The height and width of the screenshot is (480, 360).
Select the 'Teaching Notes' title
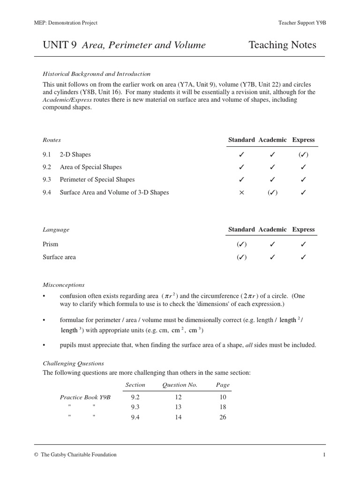(282, 45)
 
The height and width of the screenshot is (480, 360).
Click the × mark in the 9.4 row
(242, 193)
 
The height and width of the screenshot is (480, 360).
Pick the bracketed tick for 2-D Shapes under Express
(303, 155)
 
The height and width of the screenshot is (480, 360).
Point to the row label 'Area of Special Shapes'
(90, 167)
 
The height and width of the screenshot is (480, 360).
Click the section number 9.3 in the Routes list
(47, 180)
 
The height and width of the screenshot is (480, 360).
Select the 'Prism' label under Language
(51, 244)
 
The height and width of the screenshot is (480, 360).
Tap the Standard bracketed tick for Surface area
(242, 257)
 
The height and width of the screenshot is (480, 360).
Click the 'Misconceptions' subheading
(64, 285)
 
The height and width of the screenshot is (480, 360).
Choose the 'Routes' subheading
(52, 140)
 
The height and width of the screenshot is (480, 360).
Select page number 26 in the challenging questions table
(223, 417)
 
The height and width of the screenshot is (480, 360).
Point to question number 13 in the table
(178, 407)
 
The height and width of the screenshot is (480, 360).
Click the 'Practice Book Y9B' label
(85, 397)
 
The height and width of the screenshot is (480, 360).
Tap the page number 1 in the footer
(324, 455)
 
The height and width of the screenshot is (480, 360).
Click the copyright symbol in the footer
(36, 455)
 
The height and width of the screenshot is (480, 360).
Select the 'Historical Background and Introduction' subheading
(97, 74)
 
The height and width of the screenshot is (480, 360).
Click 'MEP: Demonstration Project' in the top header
(66, 23)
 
